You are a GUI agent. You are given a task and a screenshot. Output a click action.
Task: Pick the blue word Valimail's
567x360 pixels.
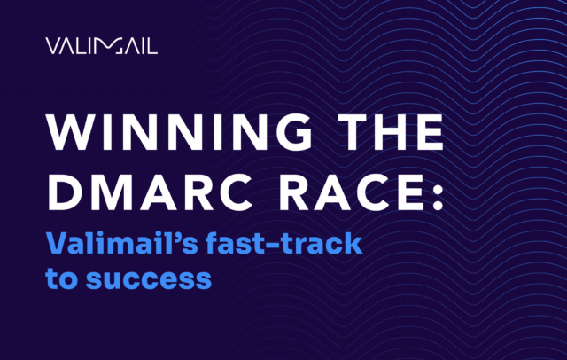point(110,243)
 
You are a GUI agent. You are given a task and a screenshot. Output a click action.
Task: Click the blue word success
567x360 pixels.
point(145,277)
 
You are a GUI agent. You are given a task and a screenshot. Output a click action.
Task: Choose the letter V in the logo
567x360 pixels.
point(51,45)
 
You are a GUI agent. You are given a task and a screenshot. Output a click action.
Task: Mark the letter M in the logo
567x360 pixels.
point(111,45)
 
